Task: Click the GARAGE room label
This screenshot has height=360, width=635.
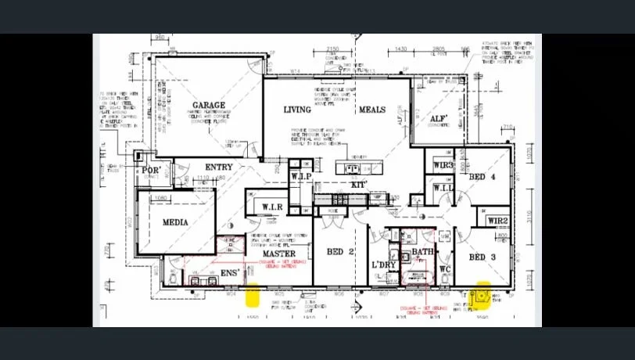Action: tap(209, 105)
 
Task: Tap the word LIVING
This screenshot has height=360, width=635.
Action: tap(297, 110)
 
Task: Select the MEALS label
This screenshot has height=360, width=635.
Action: tap(371, 110)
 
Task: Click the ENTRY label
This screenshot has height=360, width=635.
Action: tap(219, 167)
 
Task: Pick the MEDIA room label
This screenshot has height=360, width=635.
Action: tap(175, 222)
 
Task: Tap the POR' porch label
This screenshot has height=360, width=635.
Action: tap(150, 170)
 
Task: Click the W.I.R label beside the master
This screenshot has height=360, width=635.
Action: tap(272, 207)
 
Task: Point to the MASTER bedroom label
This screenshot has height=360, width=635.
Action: tap(278, 254)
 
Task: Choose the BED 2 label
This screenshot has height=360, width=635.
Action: tap(340, 252)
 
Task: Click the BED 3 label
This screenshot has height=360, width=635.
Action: tap(483, 257)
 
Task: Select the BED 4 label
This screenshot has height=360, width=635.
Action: tap(482, 178)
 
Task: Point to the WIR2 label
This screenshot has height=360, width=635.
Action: tap(498, 221)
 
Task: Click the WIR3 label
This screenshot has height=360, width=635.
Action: tap(443, 165)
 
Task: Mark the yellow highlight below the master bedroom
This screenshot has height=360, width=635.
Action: tap(253, 297)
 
